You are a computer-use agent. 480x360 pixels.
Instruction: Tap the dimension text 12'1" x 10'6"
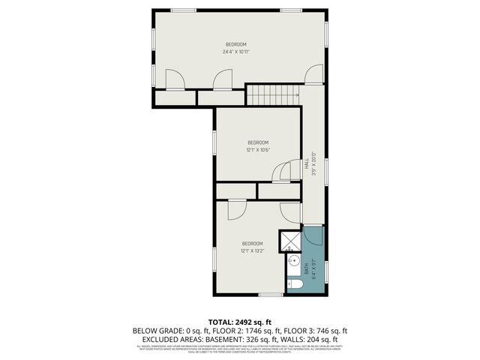coord(257,149)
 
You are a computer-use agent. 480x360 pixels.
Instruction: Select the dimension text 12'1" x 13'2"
coord(252,250)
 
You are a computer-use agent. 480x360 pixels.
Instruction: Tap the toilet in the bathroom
coord(294,285)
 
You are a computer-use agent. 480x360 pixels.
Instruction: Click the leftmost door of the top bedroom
coord(175,79)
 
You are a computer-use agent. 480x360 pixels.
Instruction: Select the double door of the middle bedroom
coord(286,173)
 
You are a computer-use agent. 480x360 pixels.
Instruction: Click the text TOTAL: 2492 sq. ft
coord(240,322)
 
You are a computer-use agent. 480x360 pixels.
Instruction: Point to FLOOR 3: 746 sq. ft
coord(315,330)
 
